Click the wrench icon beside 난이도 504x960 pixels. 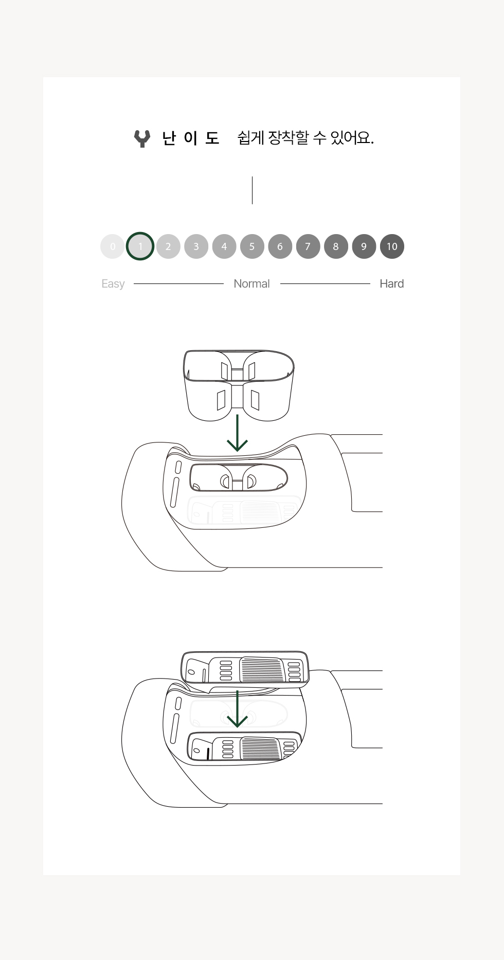142,138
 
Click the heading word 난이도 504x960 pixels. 191,138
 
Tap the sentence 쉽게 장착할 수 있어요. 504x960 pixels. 305,138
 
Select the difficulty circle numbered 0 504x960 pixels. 113,246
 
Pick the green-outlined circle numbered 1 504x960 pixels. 140,246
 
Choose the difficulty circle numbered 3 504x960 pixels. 196,246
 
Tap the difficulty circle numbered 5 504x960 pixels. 252,246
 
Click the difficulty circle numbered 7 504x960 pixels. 308,246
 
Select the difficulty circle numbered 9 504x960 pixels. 364,246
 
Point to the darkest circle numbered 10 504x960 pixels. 392,246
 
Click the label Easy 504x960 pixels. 113,284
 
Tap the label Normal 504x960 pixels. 251,283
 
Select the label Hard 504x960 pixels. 391,283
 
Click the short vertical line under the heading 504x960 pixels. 252,190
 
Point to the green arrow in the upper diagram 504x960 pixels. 237,433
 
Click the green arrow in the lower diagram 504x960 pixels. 237,709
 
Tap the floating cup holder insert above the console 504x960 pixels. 239,385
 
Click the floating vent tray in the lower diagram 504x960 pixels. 245,668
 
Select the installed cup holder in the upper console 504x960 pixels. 239,477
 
